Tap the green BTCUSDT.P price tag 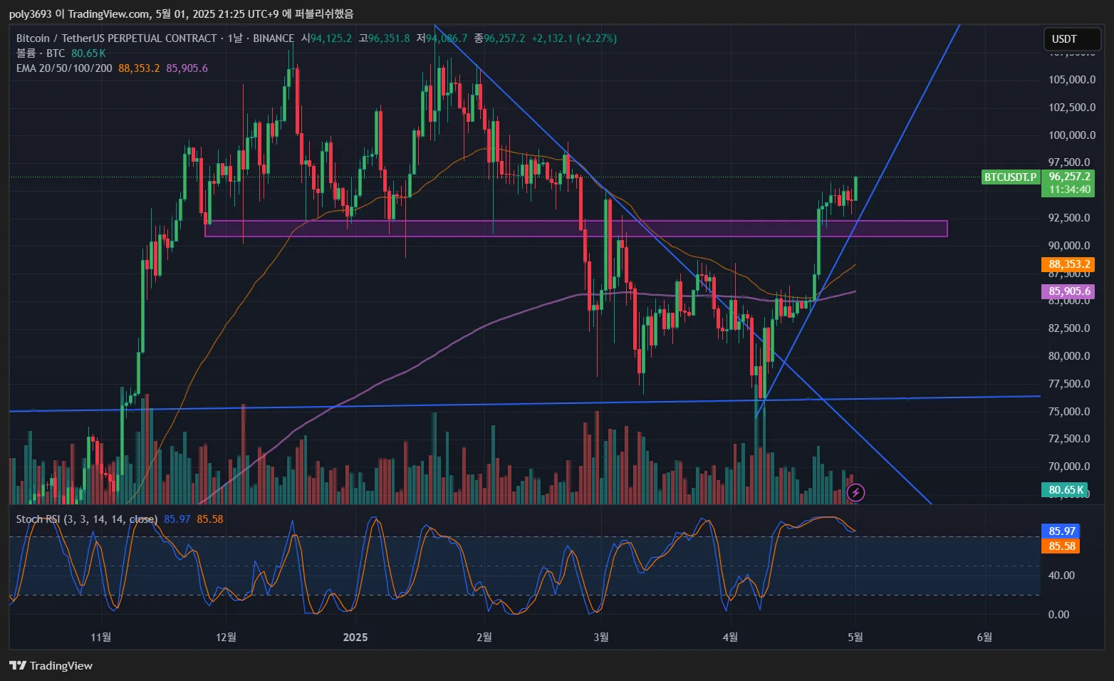point(1010,177)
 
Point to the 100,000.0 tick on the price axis point(1071,135)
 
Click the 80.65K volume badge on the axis point(1066,490)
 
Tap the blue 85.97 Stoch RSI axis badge point(1061,531)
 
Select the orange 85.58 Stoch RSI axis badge point(1061,546)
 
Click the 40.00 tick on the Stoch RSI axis point(1061,576)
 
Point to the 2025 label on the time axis point(355,637)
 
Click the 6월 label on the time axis point(984,637)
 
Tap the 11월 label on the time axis point(101,637)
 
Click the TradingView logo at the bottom point(51,665)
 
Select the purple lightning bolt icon point(855,492)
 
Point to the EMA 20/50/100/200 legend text point(64,68)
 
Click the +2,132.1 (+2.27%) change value point(574,38)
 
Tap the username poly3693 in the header point(31,14)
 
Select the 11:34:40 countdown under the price point(1069,189)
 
